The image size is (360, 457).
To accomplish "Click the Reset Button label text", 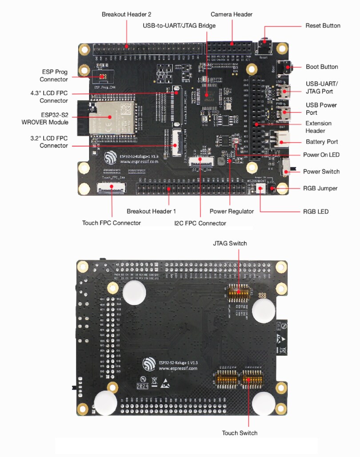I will pos(323,26).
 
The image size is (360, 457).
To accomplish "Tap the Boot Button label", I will pos(322,67).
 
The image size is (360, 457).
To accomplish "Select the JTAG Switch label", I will pos(230,243).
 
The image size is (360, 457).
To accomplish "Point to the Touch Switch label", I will pos(240,433).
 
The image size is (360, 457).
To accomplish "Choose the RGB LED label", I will pos(316,211).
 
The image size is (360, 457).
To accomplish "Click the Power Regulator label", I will pos(232,211).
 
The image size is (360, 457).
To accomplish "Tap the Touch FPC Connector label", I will pos(112,223).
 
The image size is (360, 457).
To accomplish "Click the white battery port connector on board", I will pos(281,141).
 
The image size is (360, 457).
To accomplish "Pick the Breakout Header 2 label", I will pos(126,14).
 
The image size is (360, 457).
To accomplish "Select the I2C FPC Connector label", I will pos(200,223).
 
